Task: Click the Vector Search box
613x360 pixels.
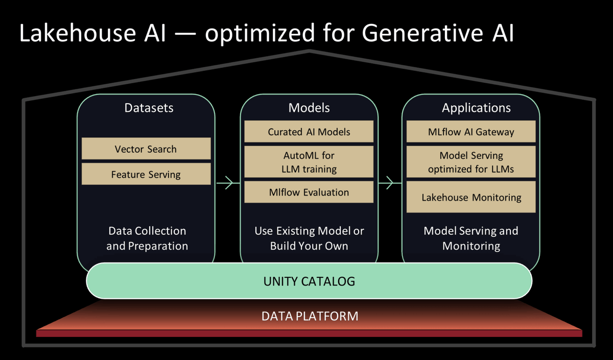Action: pos(146,149)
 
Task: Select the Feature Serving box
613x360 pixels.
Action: pos(146,174)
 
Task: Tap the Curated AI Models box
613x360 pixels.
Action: pos(309,132)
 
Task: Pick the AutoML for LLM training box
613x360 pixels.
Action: pos(309,161)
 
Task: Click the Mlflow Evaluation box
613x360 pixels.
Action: pos(309,192)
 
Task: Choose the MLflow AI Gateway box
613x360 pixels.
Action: pos(471,132)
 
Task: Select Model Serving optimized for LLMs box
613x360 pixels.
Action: pos(471,161)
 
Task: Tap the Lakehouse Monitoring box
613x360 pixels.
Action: pos(471,197)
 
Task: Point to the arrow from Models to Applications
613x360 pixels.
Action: pos(389,182)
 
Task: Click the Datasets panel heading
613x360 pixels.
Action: pos(149,108)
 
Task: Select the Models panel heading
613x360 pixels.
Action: pos(309,108)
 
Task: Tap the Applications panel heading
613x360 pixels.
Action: pos(476,108)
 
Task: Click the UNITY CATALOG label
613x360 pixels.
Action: pos(309,281)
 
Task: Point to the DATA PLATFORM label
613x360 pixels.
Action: pos(310,316)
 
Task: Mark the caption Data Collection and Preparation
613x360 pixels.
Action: pos(147,238)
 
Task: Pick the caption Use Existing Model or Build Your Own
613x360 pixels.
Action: pos(309,238)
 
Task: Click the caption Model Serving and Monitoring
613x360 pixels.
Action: pos(471,238)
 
